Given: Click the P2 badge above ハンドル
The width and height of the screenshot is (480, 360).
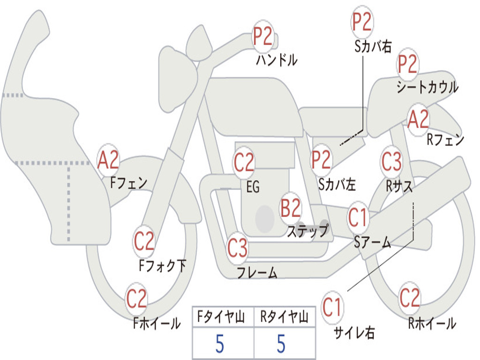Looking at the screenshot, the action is pyautogui.click(x=263, y=37).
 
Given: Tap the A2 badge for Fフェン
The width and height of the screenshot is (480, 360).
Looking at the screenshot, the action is pyautogui.click(x=108, y=160).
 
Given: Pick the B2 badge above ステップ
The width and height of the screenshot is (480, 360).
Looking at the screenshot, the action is pyautogui.click(x=291, y=208).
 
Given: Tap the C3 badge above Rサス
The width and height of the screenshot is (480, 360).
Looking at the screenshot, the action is pyautogui.click(x=391, y=162).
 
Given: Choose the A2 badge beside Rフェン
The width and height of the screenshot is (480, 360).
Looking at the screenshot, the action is pyautogui.click(x=418, y=120).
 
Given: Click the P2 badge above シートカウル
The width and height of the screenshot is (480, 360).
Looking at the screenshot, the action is pyautogui.click(x=408, y=64).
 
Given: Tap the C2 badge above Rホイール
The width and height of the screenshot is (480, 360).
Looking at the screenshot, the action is pyautogui.click(x=410, y=298).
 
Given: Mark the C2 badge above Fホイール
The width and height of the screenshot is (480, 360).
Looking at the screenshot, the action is pyautogui.click(x=137, y=299).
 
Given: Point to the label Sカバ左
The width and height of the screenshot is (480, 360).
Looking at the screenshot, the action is pyautogui.click(x=337, y=185).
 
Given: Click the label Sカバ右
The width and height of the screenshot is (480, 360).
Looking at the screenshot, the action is pyautogui.click(x=373, y=46).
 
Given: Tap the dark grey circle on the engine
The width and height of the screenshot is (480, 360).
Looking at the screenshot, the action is pyautogui.click(x=264, y=218).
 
